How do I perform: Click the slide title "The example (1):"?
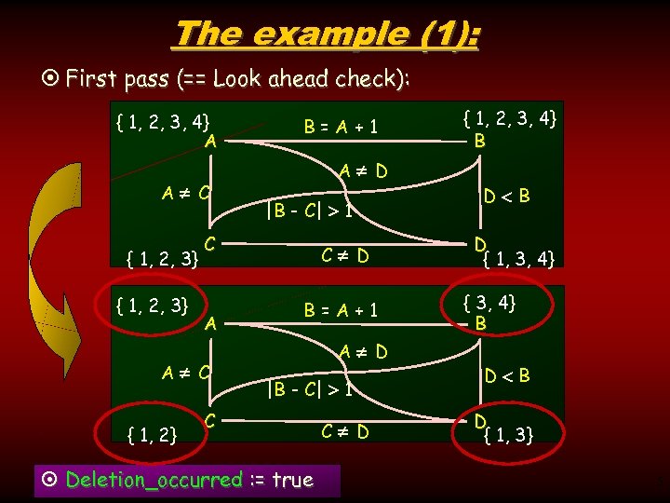tap(327, 34)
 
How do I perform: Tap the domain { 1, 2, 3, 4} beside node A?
tap(162, 120)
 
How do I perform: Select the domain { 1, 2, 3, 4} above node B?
tap(511, 118)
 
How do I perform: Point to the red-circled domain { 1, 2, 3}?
tap(151, 305)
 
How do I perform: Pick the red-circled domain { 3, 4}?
tap(490, 302)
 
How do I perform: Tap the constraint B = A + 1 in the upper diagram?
tap(342, 126)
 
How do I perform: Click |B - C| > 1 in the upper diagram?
tap(309, 211)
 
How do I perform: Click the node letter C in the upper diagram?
tap(210, 241)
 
